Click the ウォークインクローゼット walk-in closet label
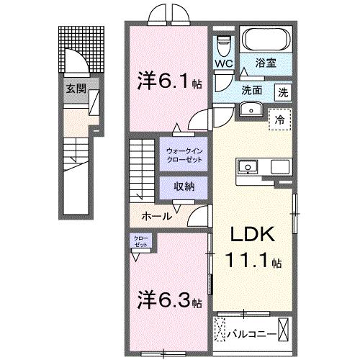184,155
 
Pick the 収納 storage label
184,185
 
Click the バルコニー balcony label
249,333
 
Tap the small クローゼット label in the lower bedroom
140,242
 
